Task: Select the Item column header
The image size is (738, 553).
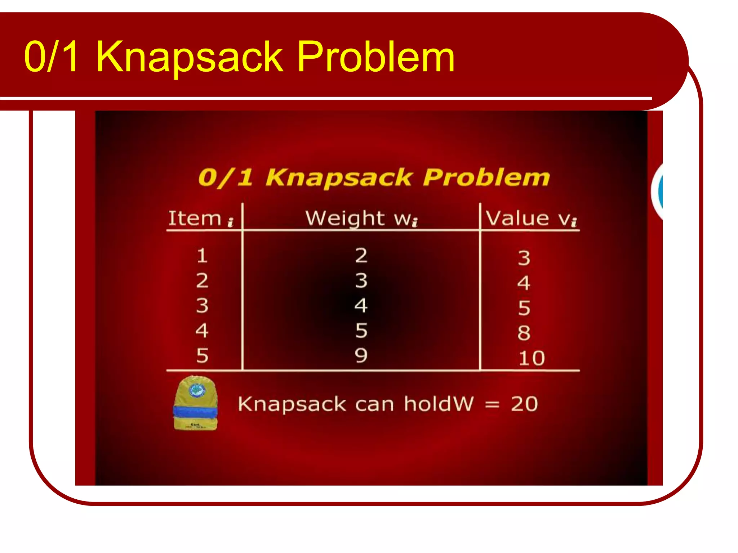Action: point(200,218)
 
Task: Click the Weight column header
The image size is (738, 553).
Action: point(361,218)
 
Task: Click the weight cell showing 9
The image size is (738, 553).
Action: point(361,355)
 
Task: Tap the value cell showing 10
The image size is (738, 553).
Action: point(531,358)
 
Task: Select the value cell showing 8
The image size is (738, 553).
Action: point(524,333)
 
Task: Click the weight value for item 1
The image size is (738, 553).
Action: point(361,255)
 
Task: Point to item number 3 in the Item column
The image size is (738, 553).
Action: point(202,305)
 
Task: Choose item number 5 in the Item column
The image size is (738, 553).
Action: point(202,355)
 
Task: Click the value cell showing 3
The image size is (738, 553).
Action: point(524,258)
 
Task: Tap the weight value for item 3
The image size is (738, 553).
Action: point(361,305)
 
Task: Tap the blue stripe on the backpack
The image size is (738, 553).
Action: point(195,411)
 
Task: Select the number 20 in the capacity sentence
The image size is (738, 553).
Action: point(524,404)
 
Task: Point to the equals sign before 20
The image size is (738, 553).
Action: point(492,405)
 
